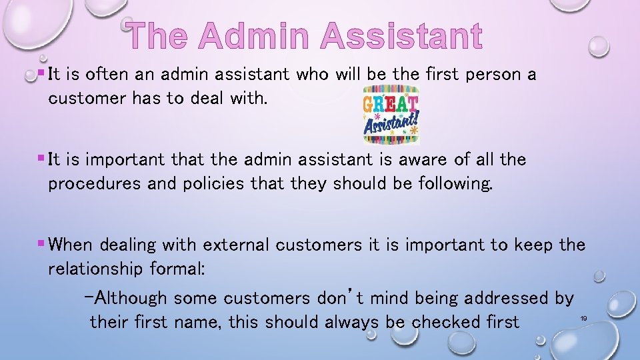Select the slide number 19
coord(583,319)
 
